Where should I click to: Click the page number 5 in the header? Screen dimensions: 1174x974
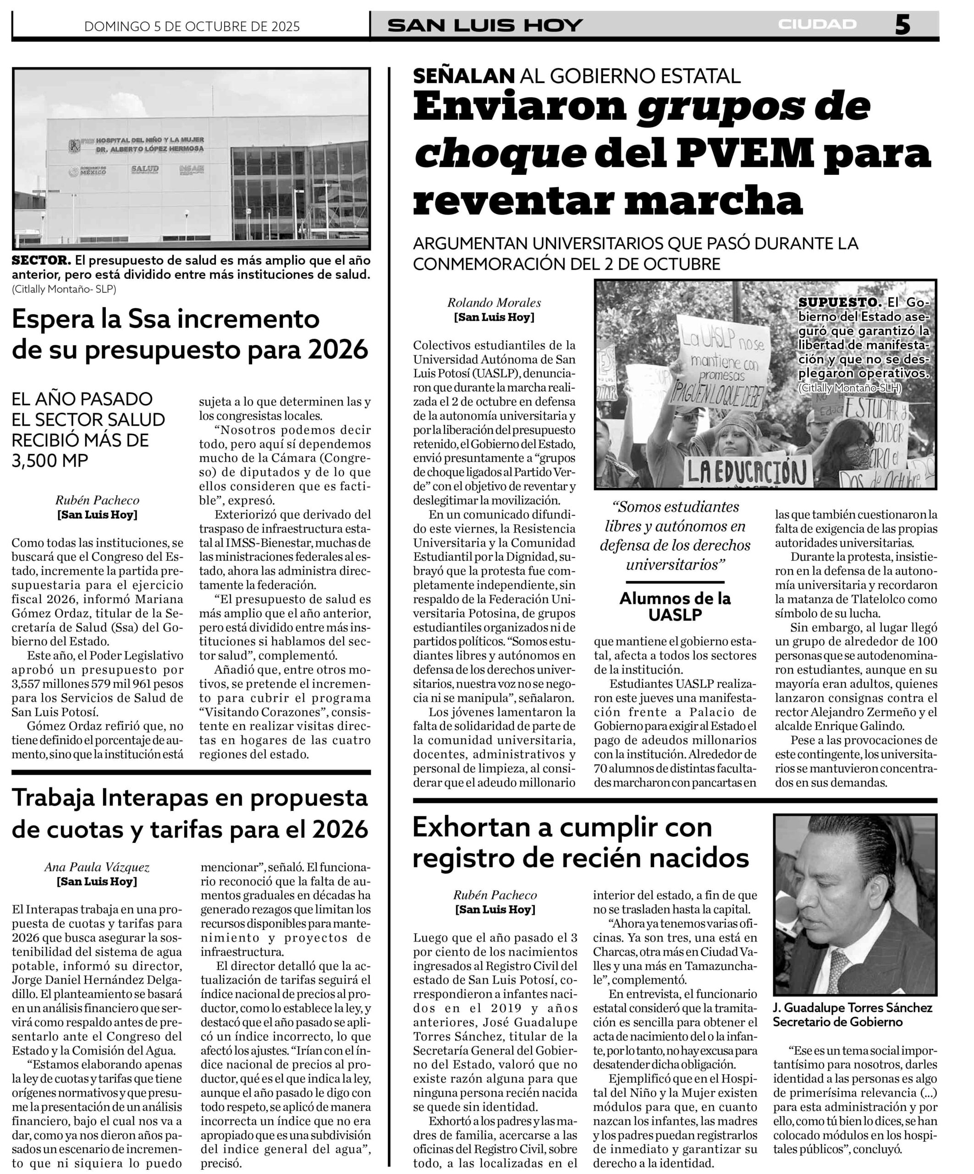click(x=902, y=25)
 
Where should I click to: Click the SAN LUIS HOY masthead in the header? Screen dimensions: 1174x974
click(x=485, y=25)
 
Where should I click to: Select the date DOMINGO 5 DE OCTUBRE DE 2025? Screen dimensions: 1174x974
click(x=192, y=26)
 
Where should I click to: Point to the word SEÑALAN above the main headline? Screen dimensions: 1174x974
click(x=463, y=76)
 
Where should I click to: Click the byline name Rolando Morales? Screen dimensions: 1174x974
click(x=494, y=303)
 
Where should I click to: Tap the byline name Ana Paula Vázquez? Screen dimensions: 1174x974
click(x=97, y=867)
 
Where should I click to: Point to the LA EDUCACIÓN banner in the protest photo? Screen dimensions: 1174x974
click(x=749, y=471)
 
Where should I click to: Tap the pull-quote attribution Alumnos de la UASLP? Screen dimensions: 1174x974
click(x=675, y=606)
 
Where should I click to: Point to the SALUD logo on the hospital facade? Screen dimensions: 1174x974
click(x=145, y=169)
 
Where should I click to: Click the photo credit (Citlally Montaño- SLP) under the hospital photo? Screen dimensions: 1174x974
click(x=64, y=288)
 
